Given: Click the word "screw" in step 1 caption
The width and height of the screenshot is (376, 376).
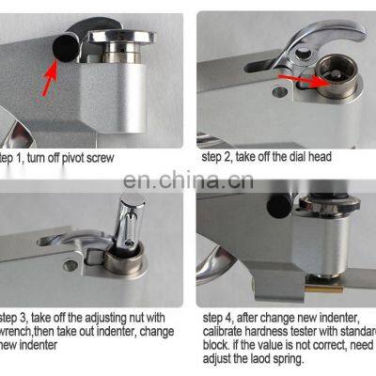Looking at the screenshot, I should pyautogui.click(x=127, y=158).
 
